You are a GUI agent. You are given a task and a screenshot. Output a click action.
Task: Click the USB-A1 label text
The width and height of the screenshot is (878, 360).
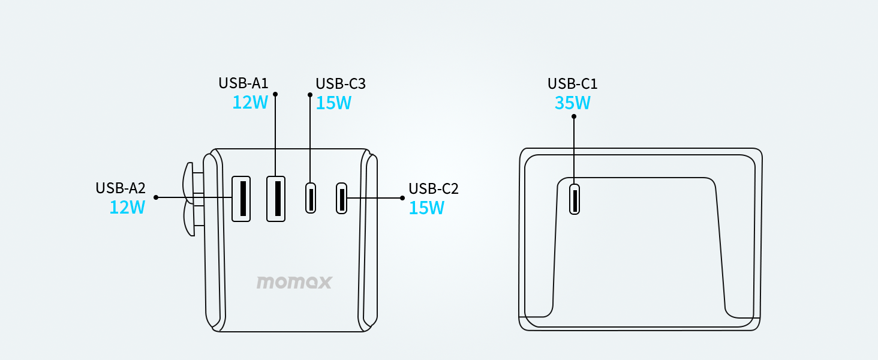pos(243,83)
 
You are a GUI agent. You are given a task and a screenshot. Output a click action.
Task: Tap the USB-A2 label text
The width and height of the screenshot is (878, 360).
pos(121,188)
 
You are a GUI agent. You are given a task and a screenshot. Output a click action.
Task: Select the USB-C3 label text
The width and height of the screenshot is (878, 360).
pos(341,84)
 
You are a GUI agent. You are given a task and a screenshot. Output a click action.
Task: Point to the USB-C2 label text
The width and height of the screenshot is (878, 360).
pos(434,188)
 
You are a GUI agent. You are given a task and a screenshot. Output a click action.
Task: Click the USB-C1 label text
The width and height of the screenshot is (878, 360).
pos(573,84)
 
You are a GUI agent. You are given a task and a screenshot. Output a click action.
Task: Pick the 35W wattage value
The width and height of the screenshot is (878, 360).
pos(573,103)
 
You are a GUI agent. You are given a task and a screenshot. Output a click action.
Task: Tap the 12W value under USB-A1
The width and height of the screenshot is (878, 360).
pos(250,103)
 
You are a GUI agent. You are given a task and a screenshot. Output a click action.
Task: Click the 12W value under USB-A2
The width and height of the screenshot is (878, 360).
pos(127,208)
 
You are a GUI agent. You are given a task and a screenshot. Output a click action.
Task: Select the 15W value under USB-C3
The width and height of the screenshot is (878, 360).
pos(333,103)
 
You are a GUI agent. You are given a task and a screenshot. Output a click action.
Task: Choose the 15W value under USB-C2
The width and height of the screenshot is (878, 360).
pos(426,208)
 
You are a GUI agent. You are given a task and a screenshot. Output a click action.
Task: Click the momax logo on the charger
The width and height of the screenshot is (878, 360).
pos(294,282)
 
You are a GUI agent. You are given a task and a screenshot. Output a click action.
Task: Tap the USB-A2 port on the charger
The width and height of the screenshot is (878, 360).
pos(241,198)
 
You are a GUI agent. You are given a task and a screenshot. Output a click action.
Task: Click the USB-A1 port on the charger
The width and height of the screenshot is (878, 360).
pos(276,198)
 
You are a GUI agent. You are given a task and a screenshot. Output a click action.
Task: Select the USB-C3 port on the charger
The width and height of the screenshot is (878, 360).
pos(311,197)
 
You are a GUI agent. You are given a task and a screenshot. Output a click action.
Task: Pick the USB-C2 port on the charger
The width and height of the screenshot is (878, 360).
pos(341,197)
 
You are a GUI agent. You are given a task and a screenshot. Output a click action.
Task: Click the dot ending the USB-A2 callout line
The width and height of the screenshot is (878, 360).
pos(156,197)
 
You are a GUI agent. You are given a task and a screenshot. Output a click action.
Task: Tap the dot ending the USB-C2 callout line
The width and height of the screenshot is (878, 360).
pos(402,197)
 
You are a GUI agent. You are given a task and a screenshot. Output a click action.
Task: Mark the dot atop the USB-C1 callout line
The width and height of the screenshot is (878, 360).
pos(574,116)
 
